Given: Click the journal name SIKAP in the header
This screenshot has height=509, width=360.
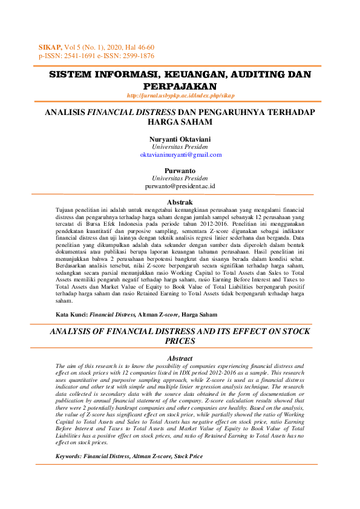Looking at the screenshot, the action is [50, 47].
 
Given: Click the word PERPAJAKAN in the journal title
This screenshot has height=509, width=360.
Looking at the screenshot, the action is [180, 87].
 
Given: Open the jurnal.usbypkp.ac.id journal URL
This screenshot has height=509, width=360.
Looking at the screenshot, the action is [180, 96].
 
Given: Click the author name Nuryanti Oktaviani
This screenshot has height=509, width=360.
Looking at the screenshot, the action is [180, 139].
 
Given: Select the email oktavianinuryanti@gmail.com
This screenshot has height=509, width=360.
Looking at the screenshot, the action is [180, 155].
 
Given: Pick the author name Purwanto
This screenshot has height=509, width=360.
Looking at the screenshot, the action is [180, 171].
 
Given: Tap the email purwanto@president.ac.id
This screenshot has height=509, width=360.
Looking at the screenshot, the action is [180, 187].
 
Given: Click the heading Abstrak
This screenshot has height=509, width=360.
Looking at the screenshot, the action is [180, 202].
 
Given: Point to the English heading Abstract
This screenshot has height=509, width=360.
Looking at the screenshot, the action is [180, 359].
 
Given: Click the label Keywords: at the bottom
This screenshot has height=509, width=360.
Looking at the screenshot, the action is [68, 456].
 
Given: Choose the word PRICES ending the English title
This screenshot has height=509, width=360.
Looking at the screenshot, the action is [180, 341].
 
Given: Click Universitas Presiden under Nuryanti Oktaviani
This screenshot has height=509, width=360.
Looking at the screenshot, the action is [180, 147].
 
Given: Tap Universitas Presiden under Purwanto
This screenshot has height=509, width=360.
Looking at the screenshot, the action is [180, 179].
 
